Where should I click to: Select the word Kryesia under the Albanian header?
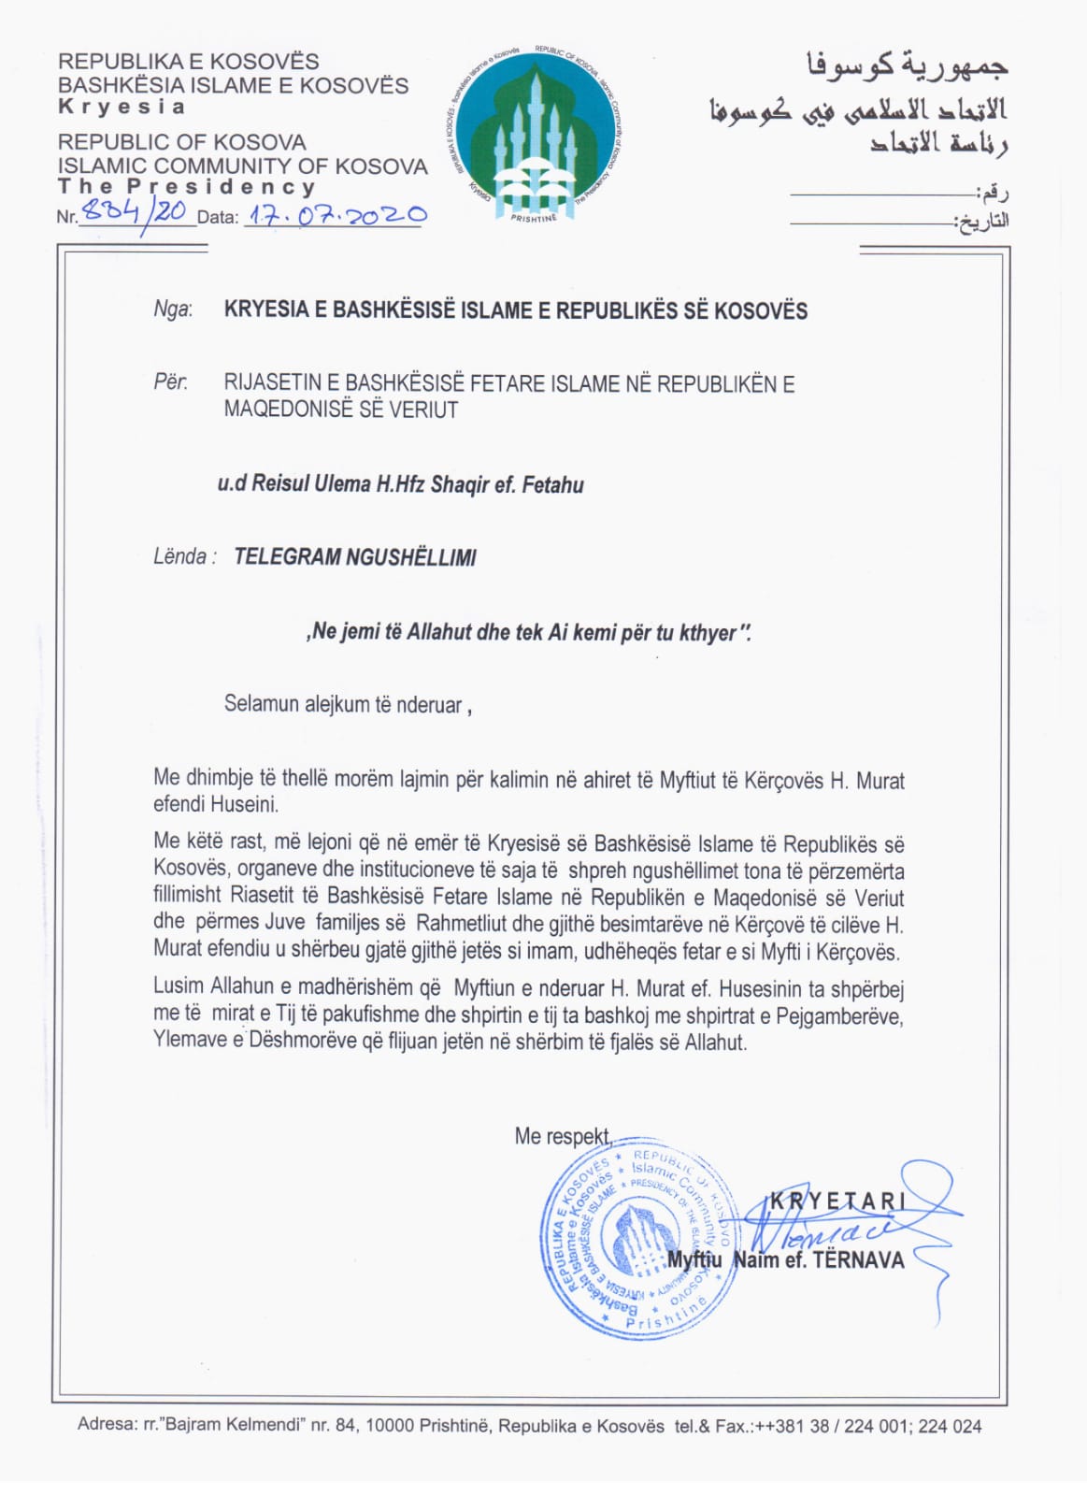tap(122, 107)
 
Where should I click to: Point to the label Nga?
tap(173, 309)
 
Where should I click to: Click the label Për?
tap(170, 382)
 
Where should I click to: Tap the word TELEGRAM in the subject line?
tap(287, 557)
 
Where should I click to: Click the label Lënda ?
tap(184, 557)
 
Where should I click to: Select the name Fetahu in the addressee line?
tap(553, 485)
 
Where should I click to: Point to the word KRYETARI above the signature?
tap(837, 1201)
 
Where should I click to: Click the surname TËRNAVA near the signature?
tap(859, 1260)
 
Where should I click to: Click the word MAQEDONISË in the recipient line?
tap(280, 410)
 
